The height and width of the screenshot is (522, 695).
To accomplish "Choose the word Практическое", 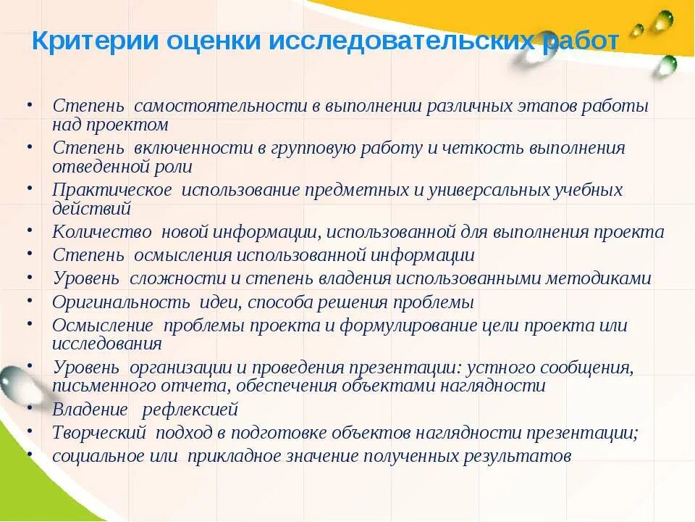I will point(112,191).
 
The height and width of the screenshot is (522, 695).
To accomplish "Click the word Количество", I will point(101,232).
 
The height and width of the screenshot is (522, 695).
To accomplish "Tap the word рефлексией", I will point(190,410).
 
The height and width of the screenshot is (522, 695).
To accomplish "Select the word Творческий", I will point(101,433).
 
